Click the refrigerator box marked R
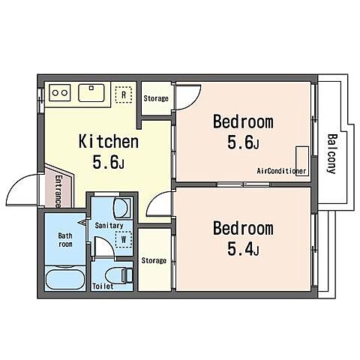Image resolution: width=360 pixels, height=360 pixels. pyautogui.click(x=124, y=94)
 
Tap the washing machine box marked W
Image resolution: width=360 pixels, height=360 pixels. pyautogui.click(x=124, y=239)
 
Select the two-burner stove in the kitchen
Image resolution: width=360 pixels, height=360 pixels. pyautogui.click(x=60, y=93)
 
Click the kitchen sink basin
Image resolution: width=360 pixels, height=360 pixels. pyautogui.click(x=91, y=93)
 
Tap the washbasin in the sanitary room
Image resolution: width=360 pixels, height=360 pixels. pyautogui.click(x=122, y=208)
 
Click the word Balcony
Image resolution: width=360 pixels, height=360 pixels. pyautogui.click(x=332, y=154)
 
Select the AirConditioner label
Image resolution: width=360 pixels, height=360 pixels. pyautogui.click(x=281, y=171)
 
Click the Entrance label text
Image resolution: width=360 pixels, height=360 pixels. pyautogui.click(x=58, y=191)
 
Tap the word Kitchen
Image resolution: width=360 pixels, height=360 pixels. pyautogui.click(x=109, y=141)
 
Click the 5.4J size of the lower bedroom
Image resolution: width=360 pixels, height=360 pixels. pyautogui.click(x=243, y=249)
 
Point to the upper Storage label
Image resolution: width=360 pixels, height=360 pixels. pyautogui.click(x=156, y=98)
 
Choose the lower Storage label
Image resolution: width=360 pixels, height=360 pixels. pyautogui.click(x=154, y=260)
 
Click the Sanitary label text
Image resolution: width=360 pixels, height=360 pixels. pyautogui.click(x=109, y=226)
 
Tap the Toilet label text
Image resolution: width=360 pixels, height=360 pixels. pyautogui.click(x=103, y=286)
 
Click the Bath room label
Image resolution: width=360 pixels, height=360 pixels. pyautogui.click(x=65, y=240)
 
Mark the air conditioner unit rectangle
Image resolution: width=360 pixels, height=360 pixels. pyautogui.click(x=302, y=161)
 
